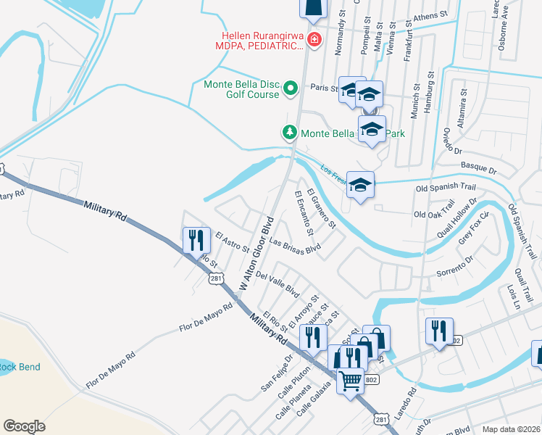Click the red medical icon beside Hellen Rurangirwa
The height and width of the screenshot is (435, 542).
point(314,39)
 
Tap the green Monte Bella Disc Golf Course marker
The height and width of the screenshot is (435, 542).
point(291,88)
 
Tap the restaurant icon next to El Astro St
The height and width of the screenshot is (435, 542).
point(195,239)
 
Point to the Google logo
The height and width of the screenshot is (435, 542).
point(25,426)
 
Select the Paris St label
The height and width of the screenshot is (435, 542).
point(325,88)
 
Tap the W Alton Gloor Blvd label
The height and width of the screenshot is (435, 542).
point(257,255)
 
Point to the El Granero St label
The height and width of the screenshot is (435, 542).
point(322,208)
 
